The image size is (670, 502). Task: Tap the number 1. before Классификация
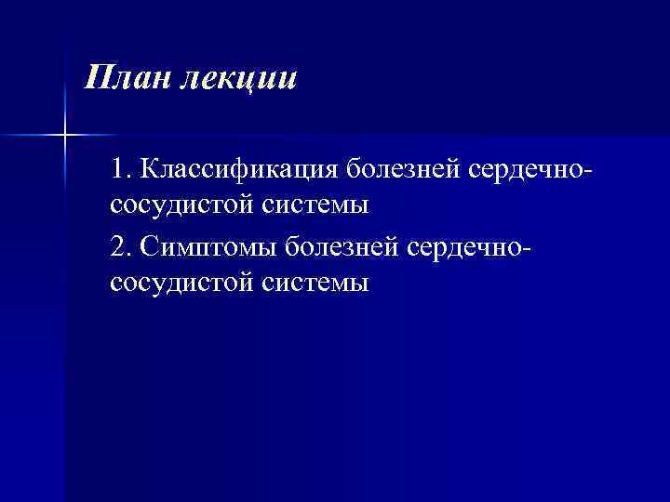122,170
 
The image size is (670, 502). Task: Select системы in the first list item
321,204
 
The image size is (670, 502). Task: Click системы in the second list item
321,282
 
